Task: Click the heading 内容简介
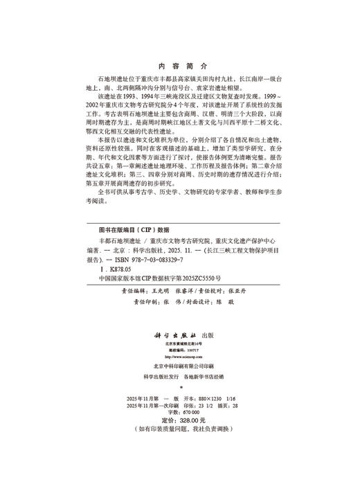[x=179, y=67]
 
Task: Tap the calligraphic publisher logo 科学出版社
[x=170, y=334]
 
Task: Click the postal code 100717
[x=189, y=350]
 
